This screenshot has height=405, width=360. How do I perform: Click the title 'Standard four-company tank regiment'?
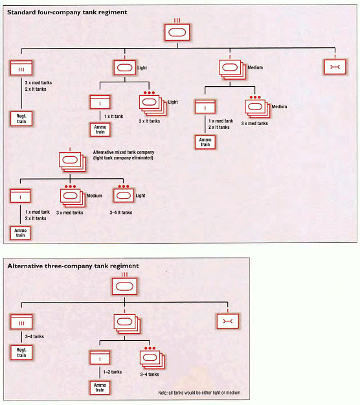coord(67,12)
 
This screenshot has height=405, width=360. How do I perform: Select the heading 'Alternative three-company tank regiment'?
coord(73,266)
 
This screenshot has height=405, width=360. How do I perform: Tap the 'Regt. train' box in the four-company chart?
coord(21,119)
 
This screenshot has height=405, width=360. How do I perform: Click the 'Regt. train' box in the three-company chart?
coord(21,353)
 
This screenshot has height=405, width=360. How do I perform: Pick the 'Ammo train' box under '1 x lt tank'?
coord(100,130)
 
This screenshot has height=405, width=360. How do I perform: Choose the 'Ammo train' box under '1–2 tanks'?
coord(100,388)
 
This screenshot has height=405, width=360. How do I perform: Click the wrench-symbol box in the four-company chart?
coord(335,67)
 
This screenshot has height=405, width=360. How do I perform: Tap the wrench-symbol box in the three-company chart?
coord(228,321)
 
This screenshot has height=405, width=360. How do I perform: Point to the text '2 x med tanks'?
coord(38,83)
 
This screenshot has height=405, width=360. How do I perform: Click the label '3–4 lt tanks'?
coord(121,213)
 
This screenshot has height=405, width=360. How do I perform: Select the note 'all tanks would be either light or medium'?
coord(200,393)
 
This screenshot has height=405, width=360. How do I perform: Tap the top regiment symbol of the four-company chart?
coord(177,32)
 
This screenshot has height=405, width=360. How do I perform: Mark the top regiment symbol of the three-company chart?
coord(125,286)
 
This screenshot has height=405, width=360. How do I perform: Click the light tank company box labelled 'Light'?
coord(125,67)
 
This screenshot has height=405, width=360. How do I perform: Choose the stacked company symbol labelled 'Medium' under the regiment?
coord(232,69)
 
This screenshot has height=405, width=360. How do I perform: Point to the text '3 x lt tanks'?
coord(150,121)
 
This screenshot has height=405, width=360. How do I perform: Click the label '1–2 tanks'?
coord(113,372)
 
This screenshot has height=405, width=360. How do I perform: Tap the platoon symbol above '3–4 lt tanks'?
coord(124,196)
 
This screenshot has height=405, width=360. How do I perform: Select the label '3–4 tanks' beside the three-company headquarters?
coord(34,336)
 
